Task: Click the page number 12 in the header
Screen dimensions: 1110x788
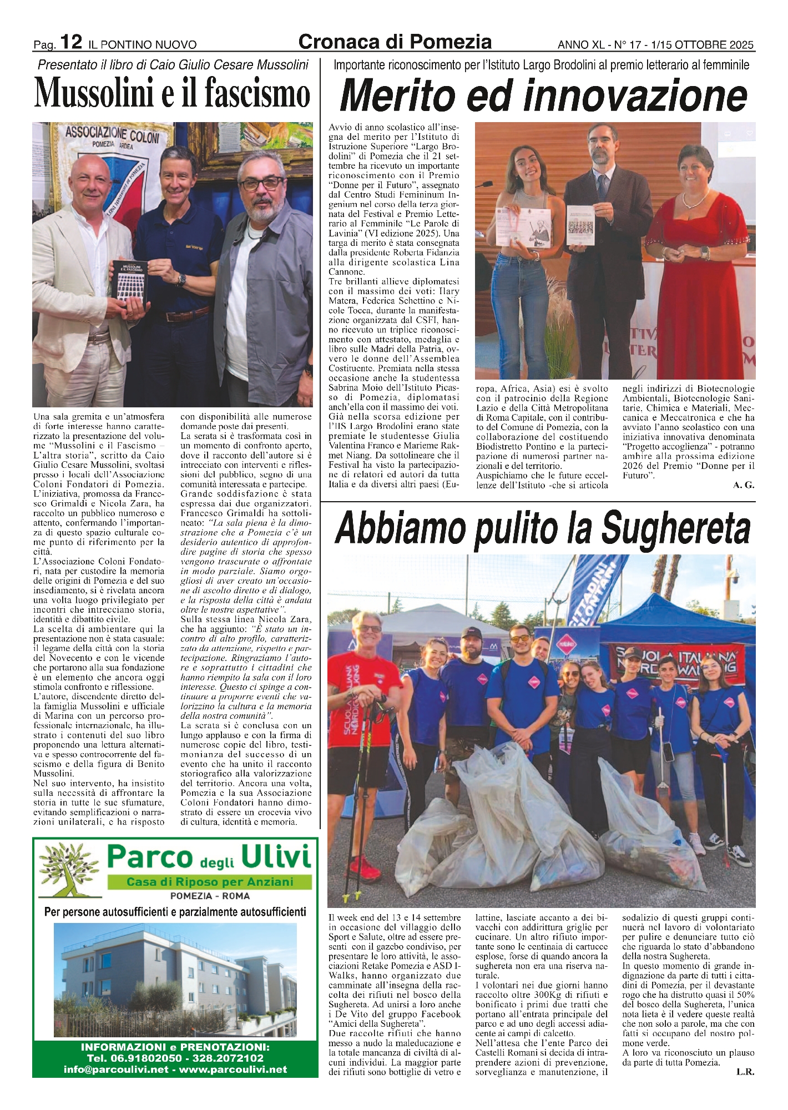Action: point(72,42)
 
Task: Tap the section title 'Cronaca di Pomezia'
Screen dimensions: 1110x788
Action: point(395,41)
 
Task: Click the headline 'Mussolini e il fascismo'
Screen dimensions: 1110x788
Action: point(172,93)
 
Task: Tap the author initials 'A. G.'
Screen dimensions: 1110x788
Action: point(744,485)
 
